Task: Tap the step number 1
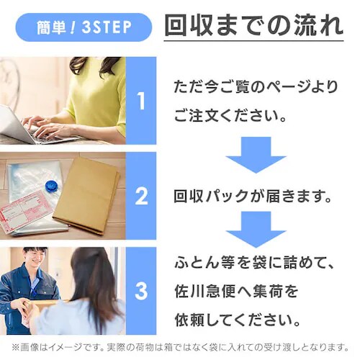(141, 100)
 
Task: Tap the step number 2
(141, 195)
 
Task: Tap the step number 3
(141, 291)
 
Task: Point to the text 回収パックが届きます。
(252, 195)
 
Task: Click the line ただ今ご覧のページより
(255, 86)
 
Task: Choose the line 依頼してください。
(243, 318)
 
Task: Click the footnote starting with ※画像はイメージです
(180, 347)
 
